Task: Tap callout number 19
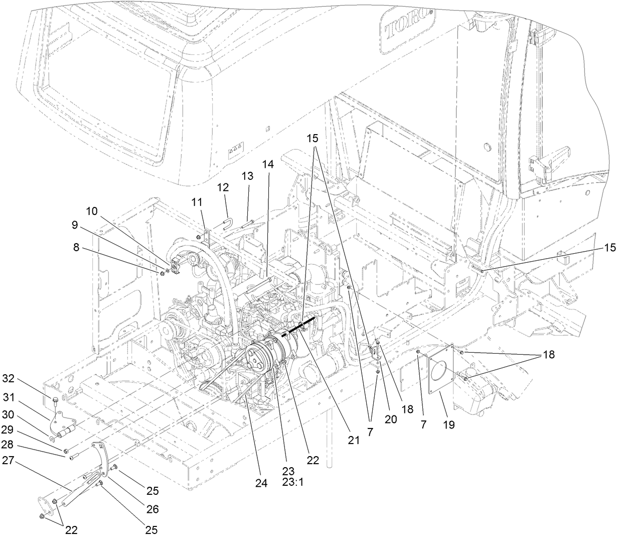click(x=448, y=424)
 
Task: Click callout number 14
click(x=268, y=163)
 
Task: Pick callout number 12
click(x=223, y=187)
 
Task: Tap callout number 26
click(x=152, y=509)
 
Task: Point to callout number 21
click(x=354, y=440)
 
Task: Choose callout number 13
click(x=247, y=176)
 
